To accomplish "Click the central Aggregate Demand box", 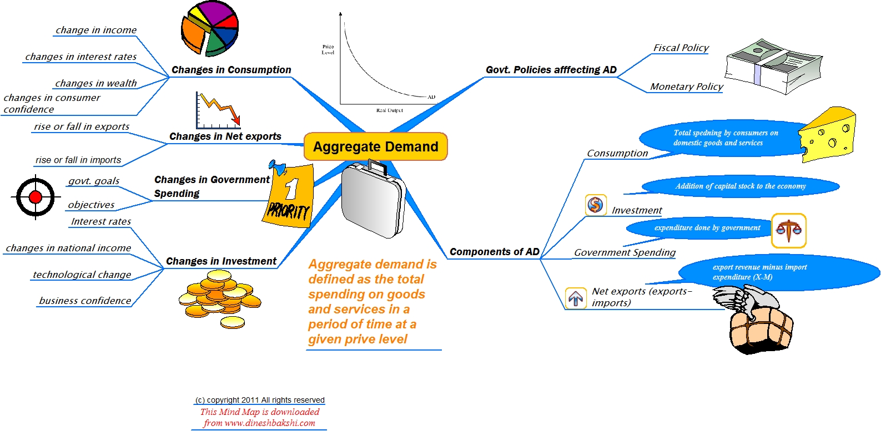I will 375,146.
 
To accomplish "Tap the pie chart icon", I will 209,28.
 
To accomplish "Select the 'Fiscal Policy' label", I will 681,48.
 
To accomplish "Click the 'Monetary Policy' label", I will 686,87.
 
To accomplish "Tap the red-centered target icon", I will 36,197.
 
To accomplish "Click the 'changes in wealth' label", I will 95,83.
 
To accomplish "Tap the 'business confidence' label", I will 85,301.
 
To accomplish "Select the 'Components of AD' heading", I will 494,252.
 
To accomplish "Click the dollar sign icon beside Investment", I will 595,205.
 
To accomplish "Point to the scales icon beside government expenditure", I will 788,230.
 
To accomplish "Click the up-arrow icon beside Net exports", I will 576,298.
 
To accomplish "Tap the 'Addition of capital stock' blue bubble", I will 740,186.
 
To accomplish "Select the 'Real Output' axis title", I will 390,110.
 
